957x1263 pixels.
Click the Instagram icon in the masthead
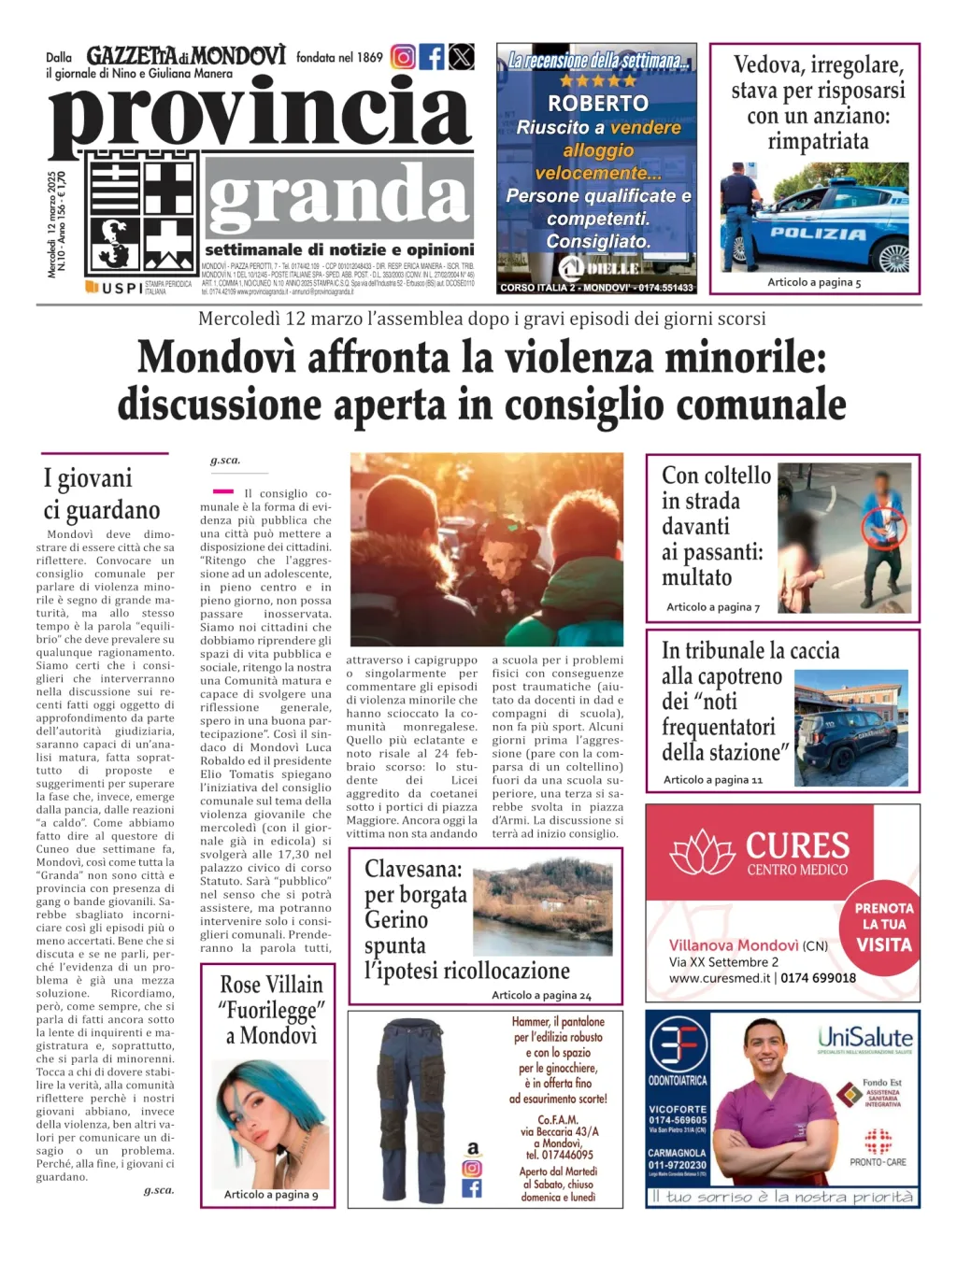[x=403, y=57]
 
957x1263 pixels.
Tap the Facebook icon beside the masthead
[x=432, y=57]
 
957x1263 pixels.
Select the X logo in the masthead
[x=462, y=57]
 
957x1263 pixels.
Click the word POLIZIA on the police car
[x=818, y=234]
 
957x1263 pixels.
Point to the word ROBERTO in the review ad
[x=597, y=103]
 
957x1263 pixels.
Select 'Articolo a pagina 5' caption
[x=814, y=282]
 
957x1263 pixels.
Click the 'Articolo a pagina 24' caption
[x=541, y=995]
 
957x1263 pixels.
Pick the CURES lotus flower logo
[x=704, y=853]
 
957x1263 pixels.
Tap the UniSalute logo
[x=864, y=1038]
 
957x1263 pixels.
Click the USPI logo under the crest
[x=115, y=288]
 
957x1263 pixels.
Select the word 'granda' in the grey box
[x=337, y=197]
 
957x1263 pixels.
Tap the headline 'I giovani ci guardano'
[x=102, y=494]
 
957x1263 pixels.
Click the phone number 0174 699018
[x=818, y=978]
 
